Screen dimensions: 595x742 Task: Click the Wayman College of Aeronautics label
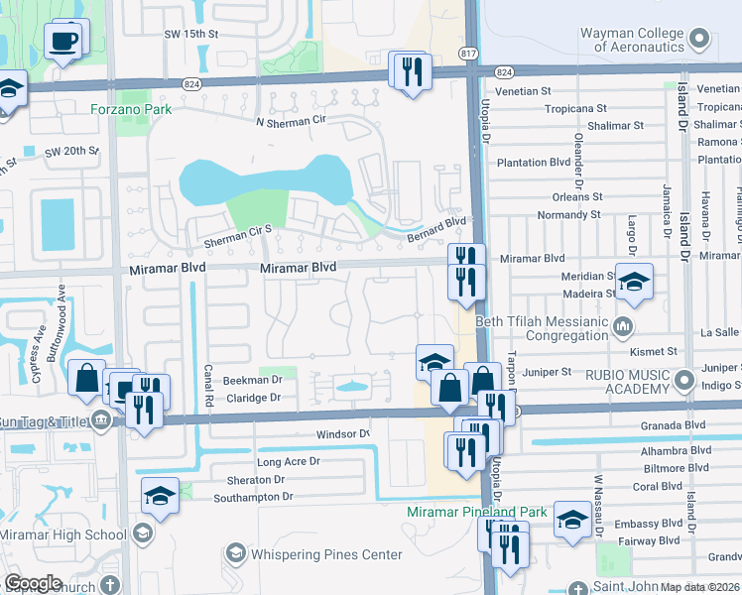632,40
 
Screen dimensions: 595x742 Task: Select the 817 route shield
469,52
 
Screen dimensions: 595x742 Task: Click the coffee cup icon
64,41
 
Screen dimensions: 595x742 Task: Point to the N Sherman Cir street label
289,123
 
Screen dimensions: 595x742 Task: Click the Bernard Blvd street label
435,230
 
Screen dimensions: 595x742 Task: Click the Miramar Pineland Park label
477,512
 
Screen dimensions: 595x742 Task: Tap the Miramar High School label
63,535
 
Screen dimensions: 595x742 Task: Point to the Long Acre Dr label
289,462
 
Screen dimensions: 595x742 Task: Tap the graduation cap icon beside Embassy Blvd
572,519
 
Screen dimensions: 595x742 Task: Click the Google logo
33,582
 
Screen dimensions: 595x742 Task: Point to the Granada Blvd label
673,424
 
